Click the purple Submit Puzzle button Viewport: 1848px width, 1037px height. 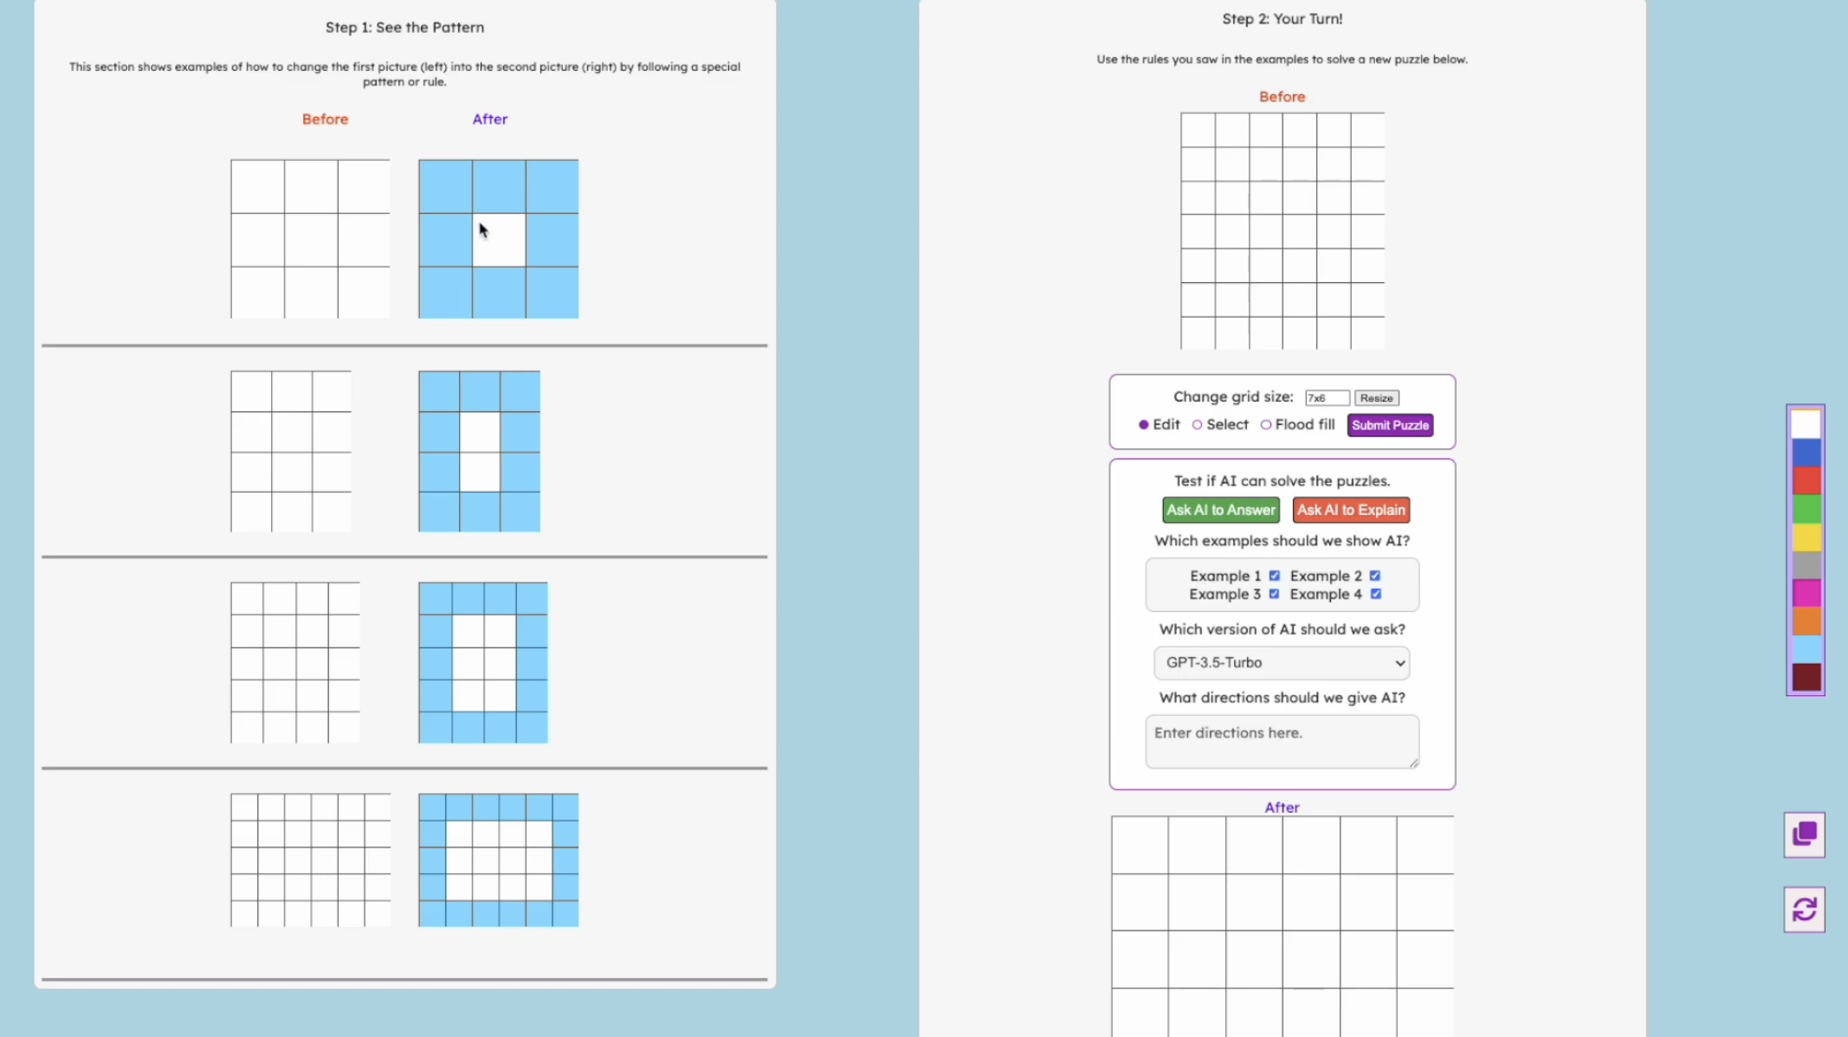pyautogui.click(x=1390, y=425)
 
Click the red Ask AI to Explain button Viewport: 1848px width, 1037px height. pyautogui.click(x=1351, y=510)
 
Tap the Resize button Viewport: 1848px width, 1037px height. pyautogui.click(x=1376, y=398)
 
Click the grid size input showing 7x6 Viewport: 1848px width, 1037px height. pyautogui.click(x=1327, y=398)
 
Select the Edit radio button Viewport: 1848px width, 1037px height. pyautogui.click(x=1144, y=425)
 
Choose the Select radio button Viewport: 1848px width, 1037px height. pyautogui.click(x=1198, y=425)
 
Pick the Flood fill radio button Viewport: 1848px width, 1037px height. pyautogui.click(x=1266, y=425)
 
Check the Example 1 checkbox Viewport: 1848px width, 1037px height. pyautogui.click(x=1275, y=576)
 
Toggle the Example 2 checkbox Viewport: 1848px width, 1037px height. pyautogui.click(x=1375, y=576)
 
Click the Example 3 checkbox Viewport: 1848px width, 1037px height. pyautogui.click(x=1275, y=594)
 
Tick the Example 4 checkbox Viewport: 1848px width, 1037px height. pyautogui.click(x=1376, y=594)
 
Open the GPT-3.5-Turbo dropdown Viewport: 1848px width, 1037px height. pyautogui.click(x=1282, y=663)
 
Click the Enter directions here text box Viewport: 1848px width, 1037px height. pyautogui.click(x=1282, y=741)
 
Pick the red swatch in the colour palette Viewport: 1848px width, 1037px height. pyautogui.click(x=1806, y=480)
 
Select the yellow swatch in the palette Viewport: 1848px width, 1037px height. pyautogui.click(x=1806, y=537)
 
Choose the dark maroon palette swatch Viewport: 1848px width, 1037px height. pyautogui.click(x=1806, y=677)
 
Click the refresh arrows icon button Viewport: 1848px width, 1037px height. pyautogui.click(x=1805, y=910)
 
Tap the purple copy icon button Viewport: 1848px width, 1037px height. pyautogui.click(x=1805, y=834)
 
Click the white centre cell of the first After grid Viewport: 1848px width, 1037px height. pyautogui.click(x=499, y=240)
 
